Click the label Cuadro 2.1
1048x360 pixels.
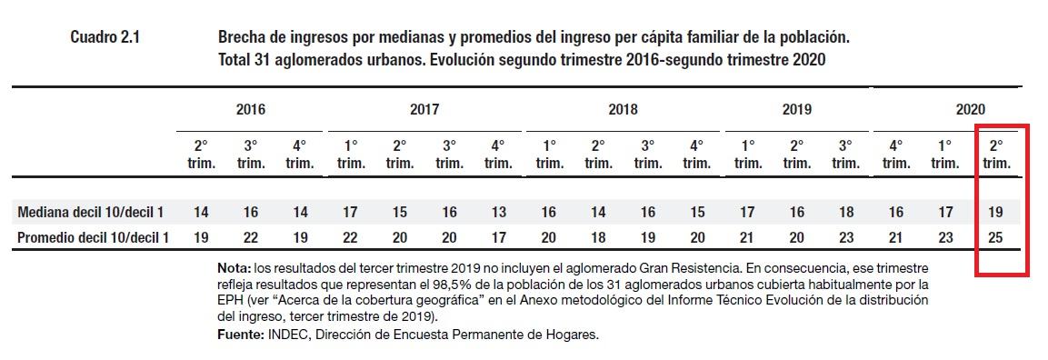[x=105, y=38]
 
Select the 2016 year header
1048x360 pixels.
[x=251, y=109]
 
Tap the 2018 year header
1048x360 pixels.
[x=622, y=109]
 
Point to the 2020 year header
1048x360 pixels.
[x=971, y=109]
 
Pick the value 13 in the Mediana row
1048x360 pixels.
[x=498, y=212]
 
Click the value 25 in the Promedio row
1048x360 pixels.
[x=997, y=238]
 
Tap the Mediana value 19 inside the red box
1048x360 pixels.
[x=997, y=212]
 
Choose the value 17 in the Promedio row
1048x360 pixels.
[x=498, y=238]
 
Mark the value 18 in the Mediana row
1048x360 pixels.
[x=845, y=212]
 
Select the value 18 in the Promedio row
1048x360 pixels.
[x=598, y=238]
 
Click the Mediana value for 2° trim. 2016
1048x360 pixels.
[x=202, y=212]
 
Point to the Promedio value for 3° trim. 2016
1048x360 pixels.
[x=251, y=238]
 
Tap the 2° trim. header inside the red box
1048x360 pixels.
[x=997, y=154]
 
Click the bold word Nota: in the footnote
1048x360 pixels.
[x=235, y=270]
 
